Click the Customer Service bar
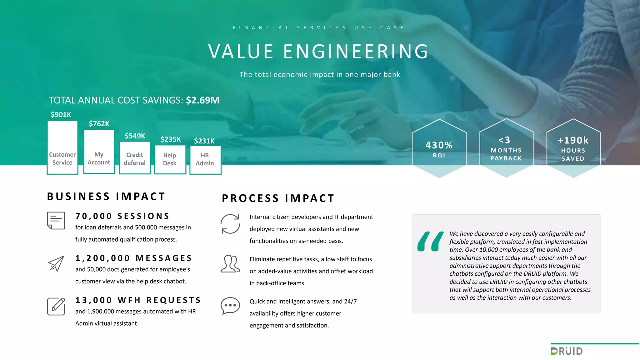62,147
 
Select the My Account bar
99,152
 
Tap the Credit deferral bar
135,157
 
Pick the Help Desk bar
170,159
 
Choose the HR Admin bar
205,160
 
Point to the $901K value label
61,115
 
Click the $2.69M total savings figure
202,100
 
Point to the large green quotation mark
430,242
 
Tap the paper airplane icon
56,263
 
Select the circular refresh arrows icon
230,224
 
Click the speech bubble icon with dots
230,305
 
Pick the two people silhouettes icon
230,263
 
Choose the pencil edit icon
56,306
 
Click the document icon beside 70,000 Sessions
56,221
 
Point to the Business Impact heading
106,197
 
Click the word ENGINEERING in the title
356,52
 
